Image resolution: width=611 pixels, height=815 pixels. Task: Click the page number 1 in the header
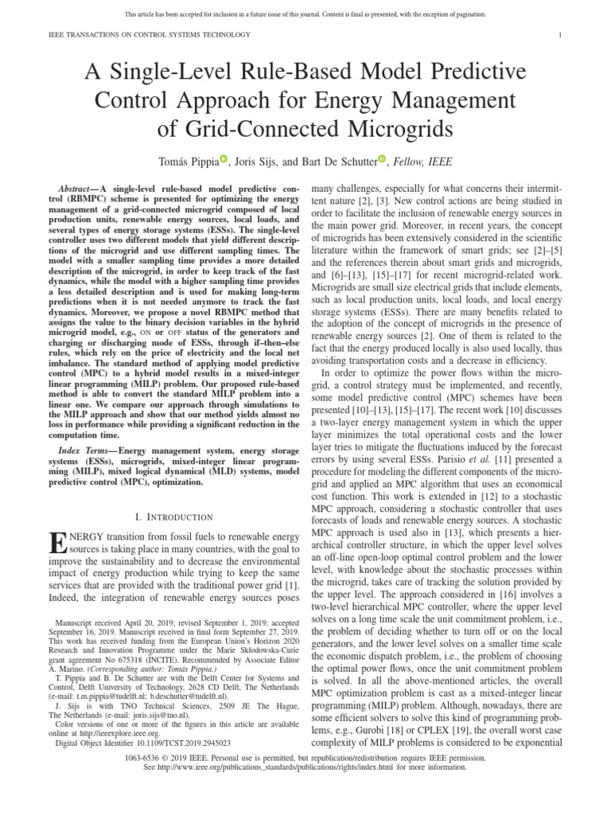pos(561,34)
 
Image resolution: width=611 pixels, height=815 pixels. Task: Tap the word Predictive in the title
pos(466,72)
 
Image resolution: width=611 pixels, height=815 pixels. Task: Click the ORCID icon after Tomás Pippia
pos(224,160)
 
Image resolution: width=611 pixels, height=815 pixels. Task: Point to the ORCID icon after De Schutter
pos(383,160)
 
